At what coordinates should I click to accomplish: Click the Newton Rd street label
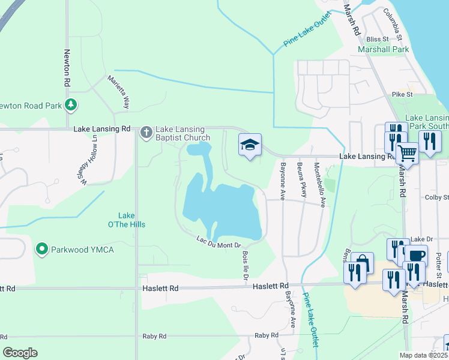tap(67, 65)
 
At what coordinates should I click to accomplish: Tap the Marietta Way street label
tap(118, 91)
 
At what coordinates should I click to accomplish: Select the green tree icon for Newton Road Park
tap(71, 105)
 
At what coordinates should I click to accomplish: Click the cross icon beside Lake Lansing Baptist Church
tap(146, 133)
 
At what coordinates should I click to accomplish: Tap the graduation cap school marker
tap(250, 145)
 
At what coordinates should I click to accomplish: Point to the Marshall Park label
tap(383, 50)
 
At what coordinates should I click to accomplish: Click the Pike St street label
tap(402, 95)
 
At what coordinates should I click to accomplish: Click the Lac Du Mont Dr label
tap(218, 242)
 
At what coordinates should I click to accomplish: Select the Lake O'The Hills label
tap(131, 220)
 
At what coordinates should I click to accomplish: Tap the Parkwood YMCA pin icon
tap(41, 248)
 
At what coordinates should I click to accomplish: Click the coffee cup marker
tap(415, 255)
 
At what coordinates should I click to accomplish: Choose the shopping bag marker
tap(363, 263)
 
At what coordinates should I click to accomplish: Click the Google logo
tap(20, 353)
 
